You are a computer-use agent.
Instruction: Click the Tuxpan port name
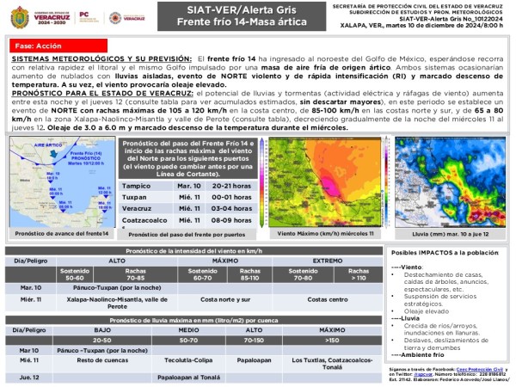[135, 196]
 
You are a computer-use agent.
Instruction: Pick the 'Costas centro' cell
[328, 299]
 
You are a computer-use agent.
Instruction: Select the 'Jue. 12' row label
[30, 377]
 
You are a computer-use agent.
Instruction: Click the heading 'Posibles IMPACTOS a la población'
[445, 254]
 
